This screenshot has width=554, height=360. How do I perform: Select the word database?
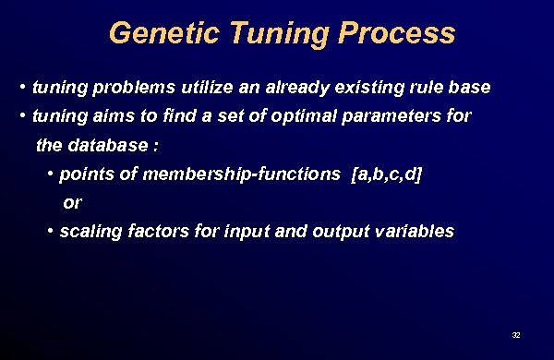click(x=105, y=145)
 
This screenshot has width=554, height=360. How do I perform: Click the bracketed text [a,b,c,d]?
click(x=387, y=174)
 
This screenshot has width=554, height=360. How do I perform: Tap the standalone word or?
click(x=72, y=202)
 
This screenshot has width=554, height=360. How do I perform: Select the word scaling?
click(x=87, y=231)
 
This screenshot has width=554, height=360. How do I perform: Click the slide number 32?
click(x=516, y=333)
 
